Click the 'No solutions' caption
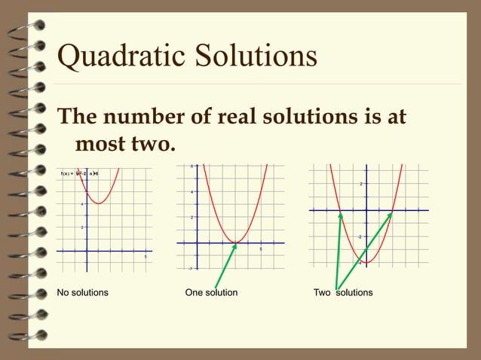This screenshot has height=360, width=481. click(x=83, y=292)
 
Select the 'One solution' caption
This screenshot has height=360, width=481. click(x=211, y=292)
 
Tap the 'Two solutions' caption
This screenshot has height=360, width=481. click(x=343, y=292)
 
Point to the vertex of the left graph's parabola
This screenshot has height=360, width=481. click(x=100, y=203)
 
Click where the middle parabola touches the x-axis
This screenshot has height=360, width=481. click(x=236, y=243)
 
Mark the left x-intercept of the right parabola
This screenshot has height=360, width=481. click(x=341, y=211)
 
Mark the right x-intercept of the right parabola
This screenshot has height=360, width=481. click(x=393, y=211)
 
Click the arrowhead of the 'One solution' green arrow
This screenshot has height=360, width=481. click(x=234, y=246)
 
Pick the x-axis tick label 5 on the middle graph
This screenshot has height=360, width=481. click(x=261, y=249)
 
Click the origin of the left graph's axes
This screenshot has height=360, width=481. click(x=87, y=251)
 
